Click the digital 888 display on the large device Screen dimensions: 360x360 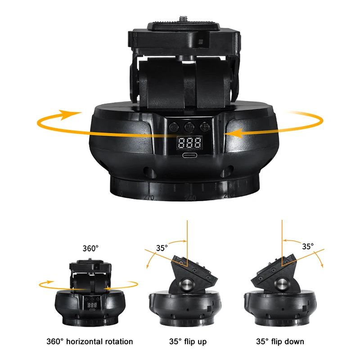click(189, 144)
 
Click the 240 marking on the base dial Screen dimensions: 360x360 click(189, 198)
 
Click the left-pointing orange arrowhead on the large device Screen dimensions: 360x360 click(234, 132)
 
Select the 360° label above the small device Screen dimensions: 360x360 click(90, 248)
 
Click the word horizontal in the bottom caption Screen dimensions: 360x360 click(85, 342)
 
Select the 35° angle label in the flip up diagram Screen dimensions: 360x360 click(162, 248)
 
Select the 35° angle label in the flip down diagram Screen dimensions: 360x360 click(307, 247)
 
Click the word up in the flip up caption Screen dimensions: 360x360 click(202, 342)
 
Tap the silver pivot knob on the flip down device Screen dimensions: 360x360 click(282, 285)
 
